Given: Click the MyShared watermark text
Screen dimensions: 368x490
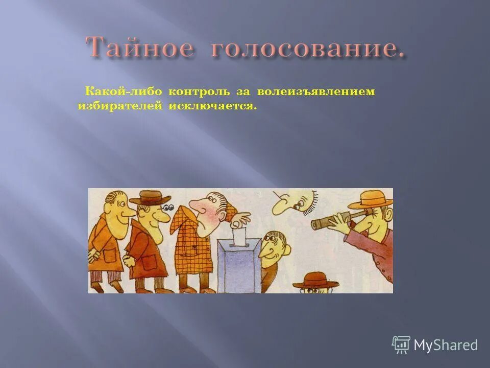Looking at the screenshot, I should pos(446,345).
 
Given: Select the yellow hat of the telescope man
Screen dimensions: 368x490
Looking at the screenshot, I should pos(371,198).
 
